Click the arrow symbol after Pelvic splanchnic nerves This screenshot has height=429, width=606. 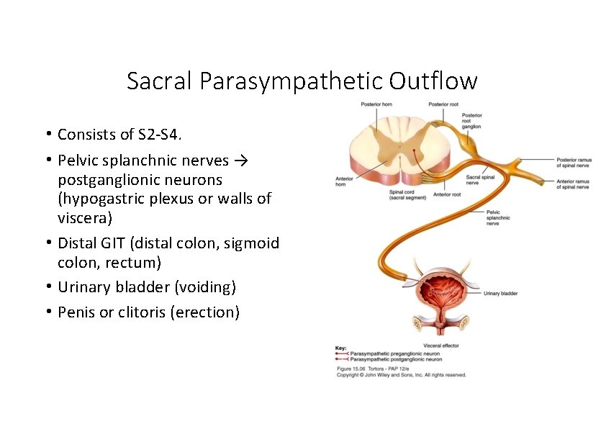(242, 160)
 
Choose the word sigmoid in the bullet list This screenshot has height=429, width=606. (249, 243)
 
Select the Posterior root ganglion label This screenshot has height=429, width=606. (472, 121)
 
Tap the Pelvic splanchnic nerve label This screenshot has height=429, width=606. (498, 217)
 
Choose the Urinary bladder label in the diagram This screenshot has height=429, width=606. (500, 293)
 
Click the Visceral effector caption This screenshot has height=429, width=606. (441, 346)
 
